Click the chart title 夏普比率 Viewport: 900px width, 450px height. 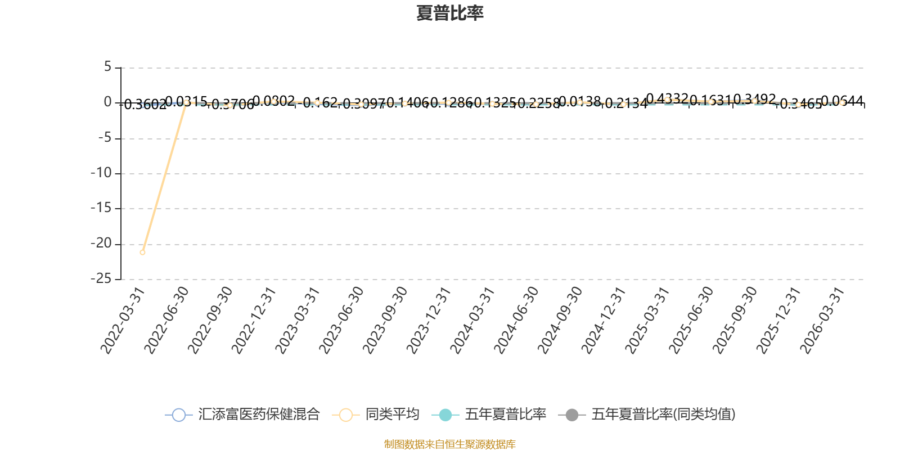click(x=449, y=13)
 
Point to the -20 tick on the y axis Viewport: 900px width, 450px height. click(x=101, y=244)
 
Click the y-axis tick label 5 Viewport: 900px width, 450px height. click(x=108, y=67)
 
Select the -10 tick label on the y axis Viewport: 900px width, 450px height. click(x=101, y=173)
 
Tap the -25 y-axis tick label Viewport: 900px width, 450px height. click(x=101, y=278)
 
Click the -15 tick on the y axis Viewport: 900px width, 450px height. click(x=101, y=208)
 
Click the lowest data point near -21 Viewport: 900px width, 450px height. click(x=142, y=252)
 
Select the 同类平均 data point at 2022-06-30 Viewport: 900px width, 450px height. click(x=186, y=102)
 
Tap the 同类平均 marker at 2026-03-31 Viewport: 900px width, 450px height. click(x=841, y=102)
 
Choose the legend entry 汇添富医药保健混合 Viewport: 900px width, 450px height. click(x=242, y=415)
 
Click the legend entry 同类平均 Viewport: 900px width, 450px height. click(x=376, y=415)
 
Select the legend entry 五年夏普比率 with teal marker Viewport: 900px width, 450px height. click(x=489, y=415)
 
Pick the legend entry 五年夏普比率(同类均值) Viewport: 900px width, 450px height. click(x=647, y=415)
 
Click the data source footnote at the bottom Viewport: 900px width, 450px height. click(x=449, y=444)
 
